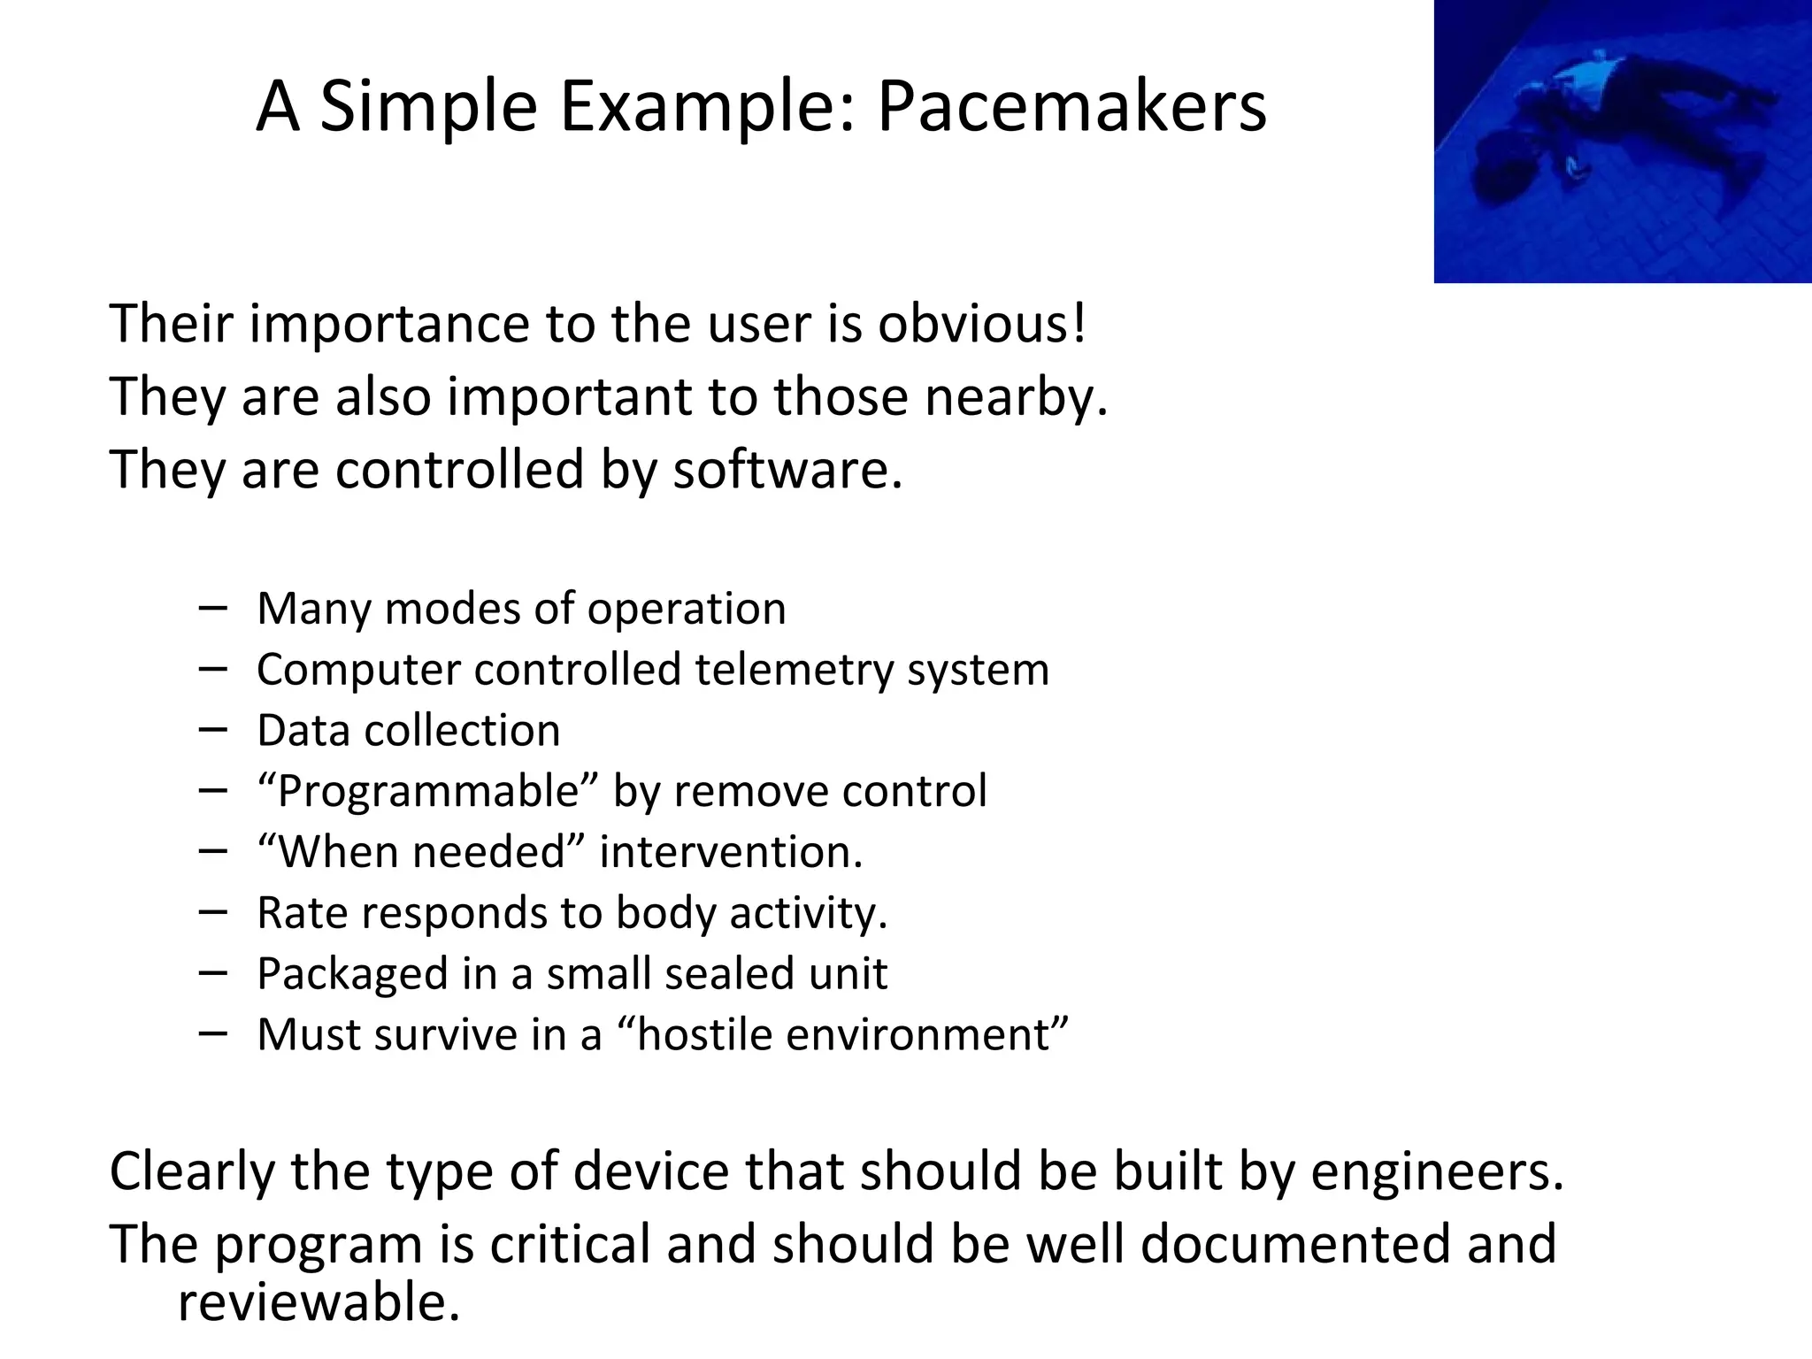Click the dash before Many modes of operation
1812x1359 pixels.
click(x=213, y=608)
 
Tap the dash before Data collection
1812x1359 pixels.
click(x=213, y=730)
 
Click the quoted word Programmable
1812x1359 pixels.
click(x=428, y=791)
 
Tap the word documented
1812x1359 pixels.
click(x=1294, y=1244)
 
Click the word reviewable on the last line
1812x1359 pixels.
click(x=319, y=1302)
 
